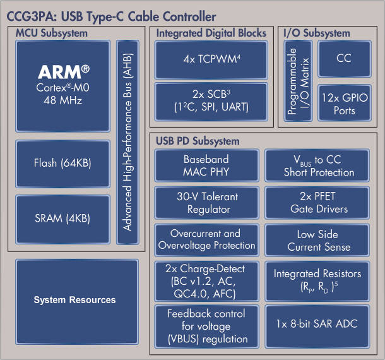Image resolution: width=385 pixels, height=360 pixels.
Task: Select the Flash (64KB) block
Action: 63,163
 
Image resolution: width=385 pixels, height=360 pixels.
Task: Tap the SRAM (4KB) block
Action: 63,219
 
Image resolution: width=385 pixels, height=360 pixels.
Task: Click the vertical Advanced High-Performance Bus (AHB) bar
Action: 128,143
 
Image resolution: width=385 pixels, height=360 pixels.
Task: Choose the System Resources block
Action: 75,299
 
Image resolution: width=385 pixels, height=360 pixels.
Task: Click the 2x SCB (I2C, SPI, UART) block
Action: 207,101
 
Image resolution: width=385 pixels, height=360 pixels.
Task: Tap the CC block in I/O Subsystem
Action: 343,59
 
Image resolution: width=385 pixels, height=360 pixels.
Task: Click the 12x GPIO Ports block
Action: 343,104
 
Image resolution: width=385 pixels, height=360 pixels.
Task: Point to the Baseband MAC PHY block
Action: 206,165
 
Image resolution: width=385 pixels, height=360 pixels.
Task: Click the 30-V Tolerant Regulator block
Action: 206,203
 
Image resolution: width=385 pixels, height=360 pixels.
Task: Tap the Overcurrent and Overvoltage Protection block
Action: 206,240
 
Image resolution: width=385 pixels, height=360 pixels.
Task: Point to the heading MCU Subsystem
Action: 52,33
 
